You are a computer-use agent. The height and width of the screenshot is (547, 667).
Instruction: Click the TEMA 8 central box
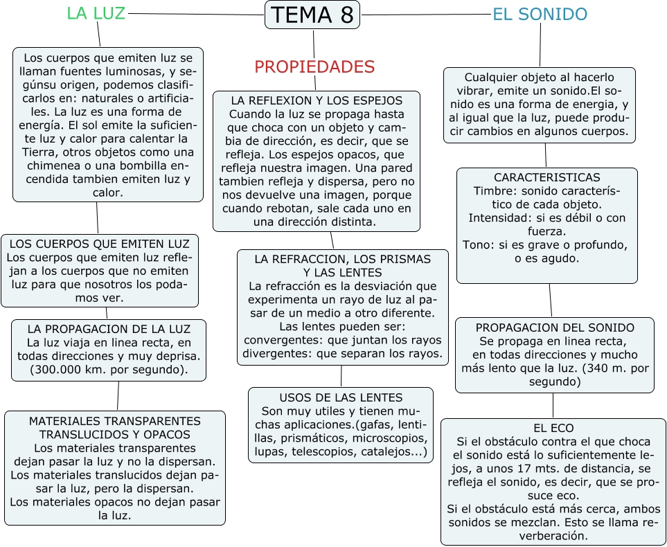312,15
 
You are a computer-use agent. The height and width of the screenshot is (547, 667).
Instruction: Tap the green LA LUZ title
96,13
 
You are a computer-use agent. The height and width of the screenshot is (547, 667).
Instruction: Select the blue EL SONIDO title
540,14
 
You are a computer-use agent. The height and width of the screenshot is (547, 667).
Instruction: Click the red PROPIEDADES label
314,66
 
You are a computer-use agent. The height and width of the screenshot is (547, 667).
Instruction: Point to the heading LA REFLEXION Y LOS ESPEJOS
316,100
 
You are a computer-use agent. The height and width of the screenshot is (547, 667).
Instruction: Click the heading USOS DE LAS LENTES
341,397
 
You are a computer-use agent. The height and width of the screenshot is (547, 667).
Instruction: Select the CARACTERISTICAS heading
546,178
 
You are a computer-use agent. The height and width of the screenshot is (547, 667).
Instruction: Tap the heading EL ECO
553,428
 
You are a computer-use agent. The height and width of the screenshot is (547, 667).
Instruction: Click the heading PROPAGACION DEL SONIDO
555,328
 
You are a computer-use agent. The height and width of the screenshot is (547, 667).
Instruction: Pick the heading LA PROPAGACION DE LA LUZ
108,329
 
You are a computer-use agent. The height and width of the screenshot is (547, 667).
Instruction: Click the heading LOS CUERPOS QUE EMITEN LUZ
99,244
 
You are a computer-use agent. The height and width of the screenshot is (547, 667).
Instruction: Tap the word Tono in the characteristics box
477,244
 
